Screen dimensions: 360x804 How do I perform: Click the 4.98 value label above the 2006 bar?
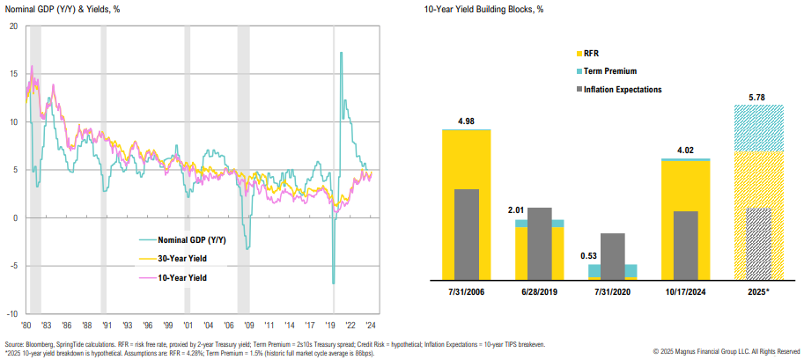coord(466,121)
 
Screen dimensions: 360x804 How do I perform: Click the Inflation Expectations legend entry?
coord(623,89)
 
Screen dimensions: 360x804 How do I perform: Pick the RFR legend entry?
coord(593,53)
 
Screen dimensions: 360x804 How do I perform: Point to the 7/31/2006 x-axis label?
coord(466,290)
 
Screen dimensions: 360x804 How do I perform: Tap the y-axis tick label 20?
coord(13,26)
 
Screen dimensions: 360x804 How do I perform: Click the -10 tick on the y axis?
coord(12,313)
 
